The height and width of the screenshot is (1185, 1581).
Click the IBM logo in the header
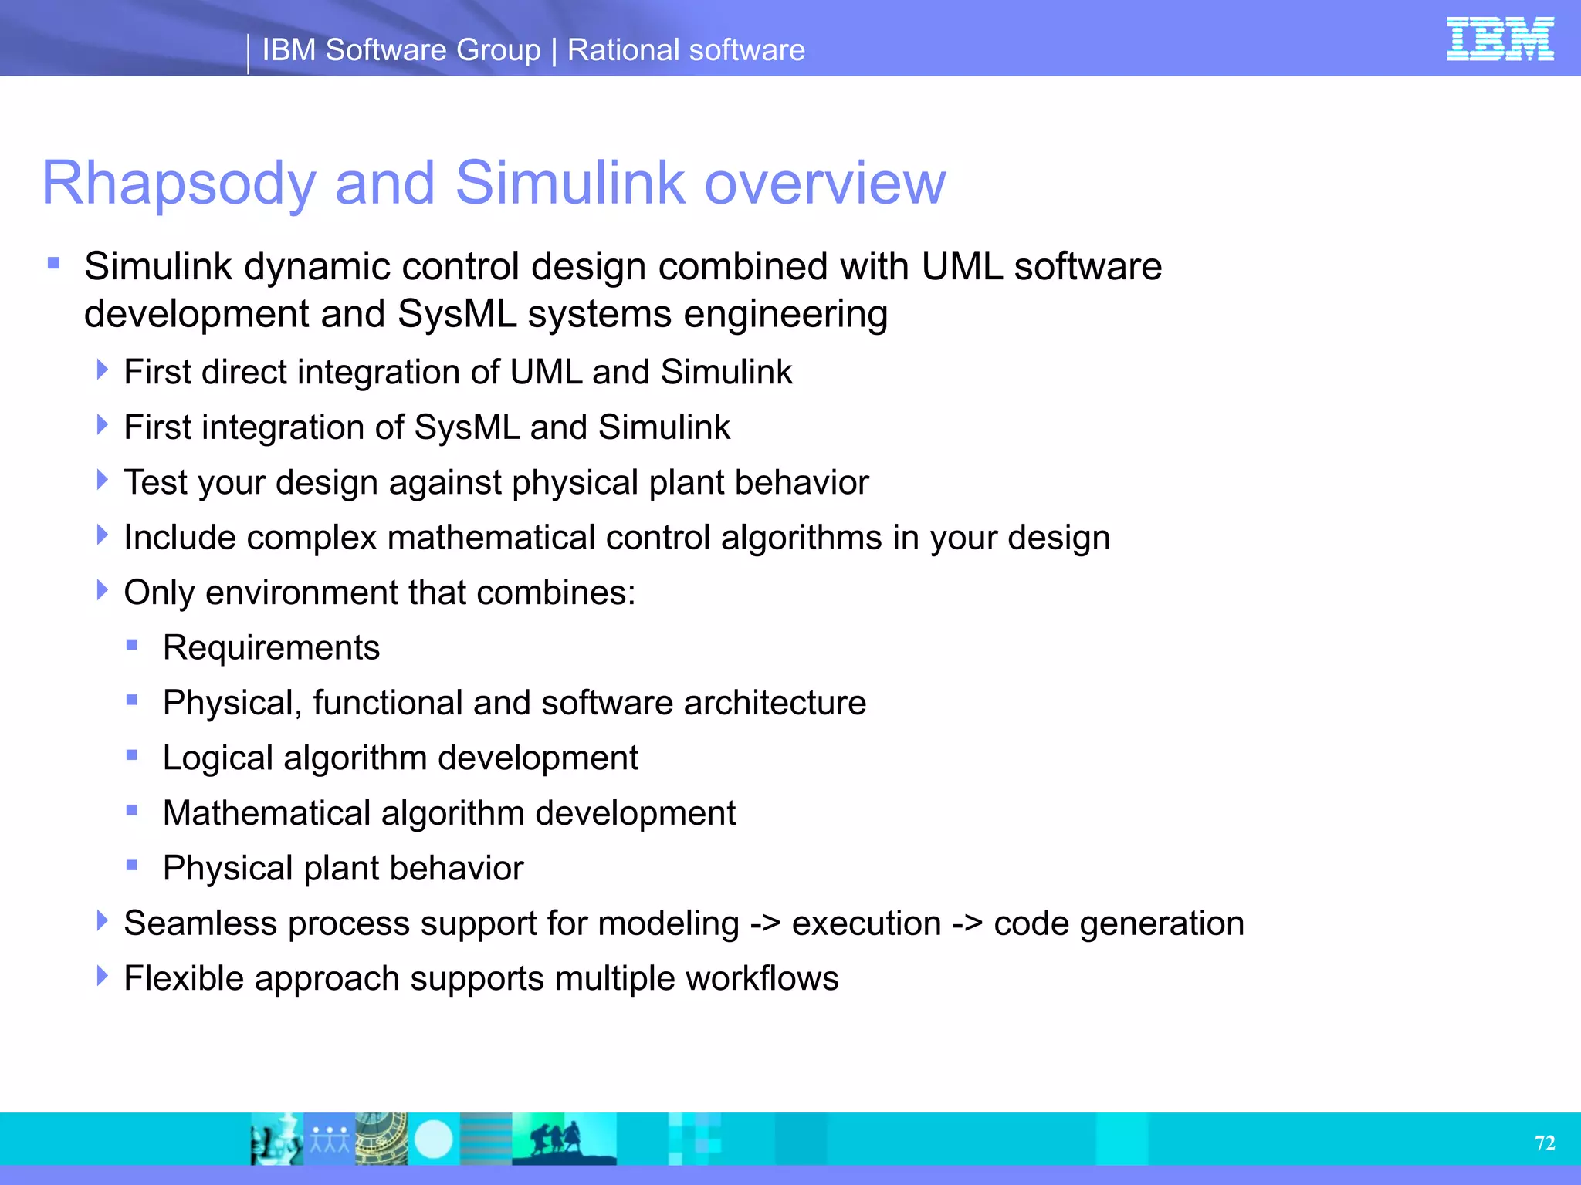[1499, 39]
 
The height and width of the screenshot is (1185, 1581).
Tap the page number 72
[1545, 1143]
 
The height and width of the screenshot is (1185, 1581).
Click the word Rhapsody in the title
[178, 184]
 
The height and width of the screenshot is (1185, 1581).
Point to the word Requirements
[271, 648]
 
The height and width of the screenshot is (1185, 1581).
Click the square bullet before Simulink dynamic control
[53, 264]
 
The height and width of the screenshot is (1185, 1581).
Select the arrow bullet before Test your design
[102, 480]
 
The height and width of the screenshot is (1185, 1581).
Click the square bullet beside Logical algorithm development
[132, 755]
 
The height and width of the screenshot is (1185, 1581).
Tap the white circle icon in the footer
[433, 1139]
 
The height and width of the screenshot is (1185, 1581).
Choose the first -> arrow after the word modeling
[765, 924]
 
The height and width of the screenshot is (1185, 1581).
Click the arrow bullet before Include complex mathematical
[102, 535]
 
